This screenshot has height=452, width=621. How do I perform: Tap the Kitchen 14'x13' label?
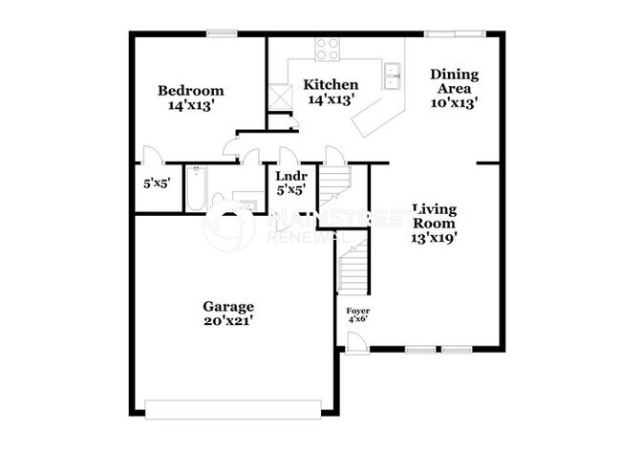click(x=331, y=92)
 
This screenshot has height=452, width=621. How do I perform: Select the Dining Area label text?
click(x=454, y=87)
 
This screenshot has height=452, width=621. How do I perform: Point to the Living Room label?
click(x=435, y=224)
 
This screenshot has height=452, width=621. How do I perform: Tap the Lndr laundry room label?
click(x=290, y=183)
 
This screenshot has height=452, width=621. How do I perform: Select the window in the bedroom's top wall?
click(x=223, y=34)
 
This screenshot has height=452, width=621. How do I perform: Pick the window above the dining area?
click(x=454, y=34)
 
